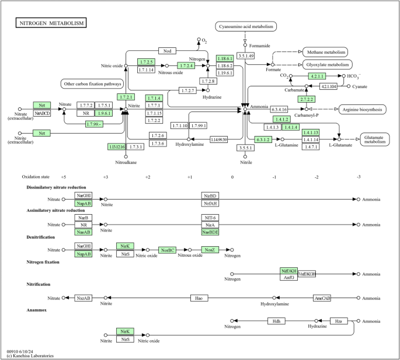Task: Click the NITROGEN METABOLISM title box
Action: tap(50, 23)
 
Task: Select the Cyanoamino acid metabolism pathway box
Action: tap(245, 27)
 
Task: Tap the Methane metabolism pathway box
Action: tap(325, 53)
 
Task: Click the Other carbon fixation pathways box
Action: tap(92, 84)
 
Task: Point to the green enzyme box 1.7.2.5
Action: tap(146, 62)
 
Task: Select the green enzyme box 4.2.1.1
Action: tap(318, 76)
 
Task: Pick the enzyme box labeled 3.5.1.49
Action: tap(245, 55)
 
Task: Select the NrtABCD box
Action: tap(42, 113)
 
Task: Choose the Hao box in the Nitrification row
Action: tap(199, 298)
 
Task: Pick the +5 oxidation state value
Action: tap(63, 176)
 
